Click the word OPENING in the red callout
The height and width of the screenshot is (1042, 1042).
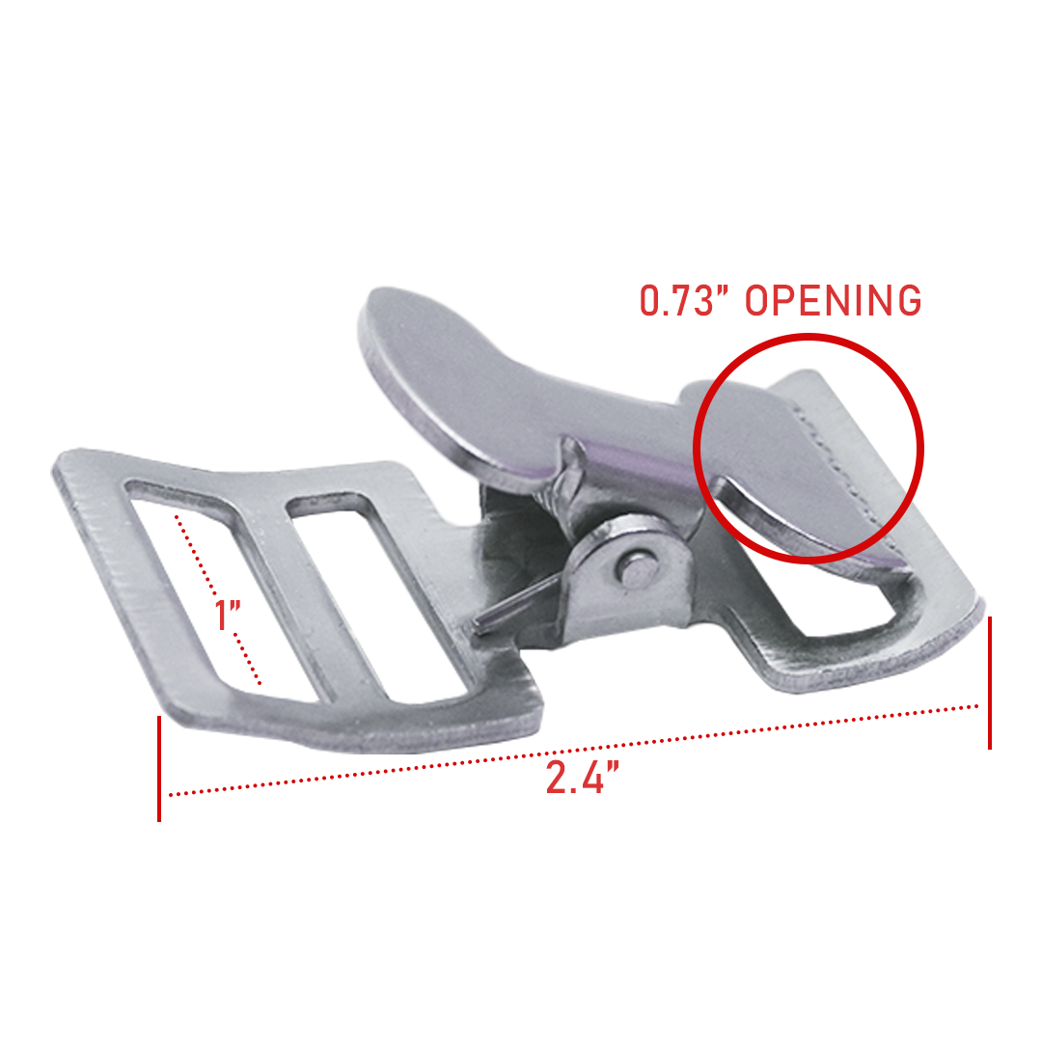(x=835, y=300)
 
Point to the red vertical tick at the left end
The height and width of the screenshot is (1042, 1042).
(x=159, y=768)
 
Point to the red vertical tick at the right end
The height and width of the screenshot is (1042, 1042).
(x=989, y=682)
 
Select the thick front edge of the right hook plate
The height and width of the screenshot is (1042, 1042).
(x=868, y=675)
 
